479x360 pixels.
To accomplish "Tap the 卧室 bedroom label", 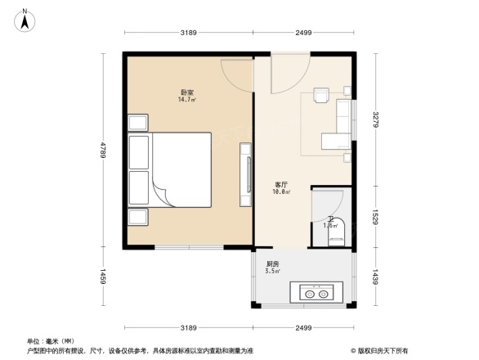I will point(186,92).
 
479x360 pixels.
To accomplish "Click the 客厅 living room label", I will point(280,184).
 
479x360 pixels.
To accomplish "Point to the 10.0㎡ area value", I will point(280,192).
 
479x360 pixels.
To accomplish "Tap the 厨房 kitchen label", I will point(273,263).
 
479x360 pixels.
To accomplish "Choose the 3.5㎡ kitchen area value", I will point(273,272).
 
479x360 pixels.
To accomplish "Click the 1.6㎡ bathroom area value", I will point(330,224).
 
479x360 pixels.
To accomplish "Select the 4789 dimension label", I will point(104,151).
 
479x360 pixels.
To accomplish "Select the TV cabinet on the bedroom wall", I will point(244,173).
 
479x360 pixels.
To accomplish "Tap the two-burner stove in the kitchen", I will point(315,291).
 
